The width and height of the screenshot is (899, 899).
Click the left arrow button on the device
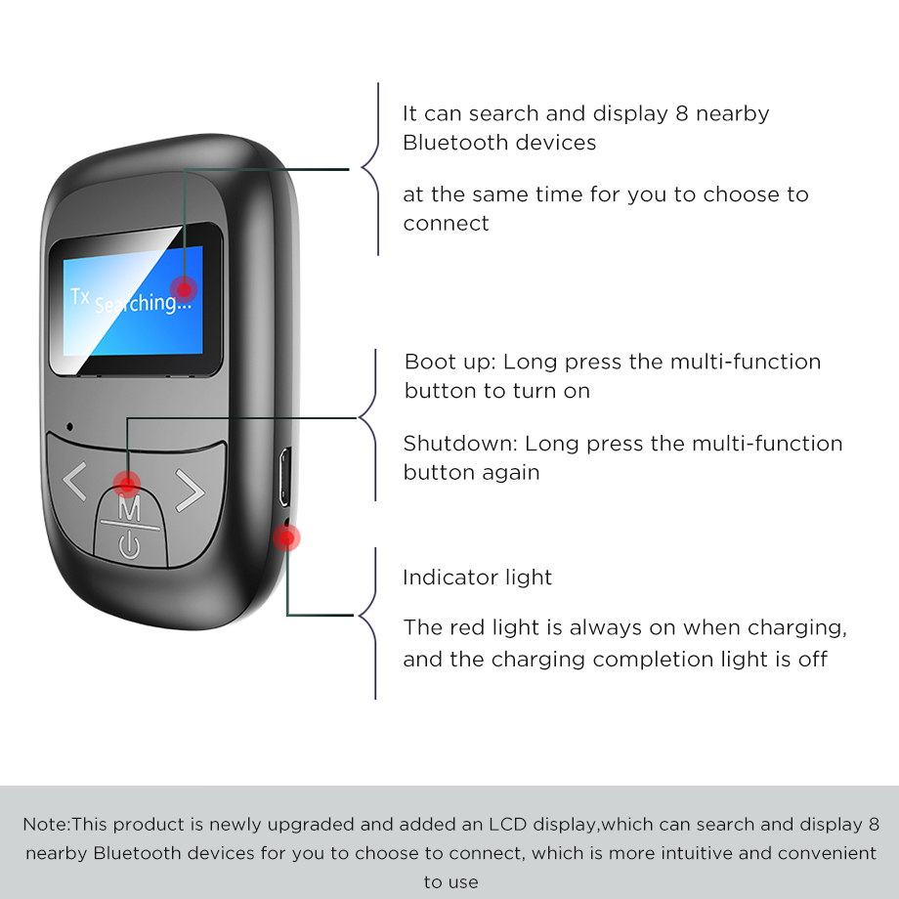point(74,481)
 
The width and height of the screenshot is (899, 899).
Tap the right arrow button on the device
point(190,490)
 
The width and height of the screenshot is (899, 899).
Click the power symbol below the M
point(129,544)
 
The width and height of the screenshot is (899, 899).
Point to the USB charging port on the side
point(284,477)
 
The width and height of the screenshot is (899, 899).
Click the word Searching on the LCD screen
point(143,303)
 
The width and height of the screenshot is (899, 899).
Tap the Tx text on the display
point(80,296)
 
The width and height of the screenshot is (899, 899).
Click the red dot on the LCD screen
point(184,289)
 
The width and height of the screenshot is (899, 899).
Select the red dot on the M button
point(127,485)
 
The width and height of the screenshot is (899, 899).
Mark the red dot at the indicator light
point(286,537)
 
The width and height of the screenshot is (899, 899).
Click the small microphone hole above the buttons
point(70,427)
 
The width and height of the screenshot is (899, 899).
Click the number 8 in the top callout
point(682,113)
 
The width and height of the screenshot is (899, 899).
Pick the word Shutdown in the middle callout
point(460,444)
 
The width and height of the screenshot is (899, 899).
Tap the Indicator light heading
point(478,578)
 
